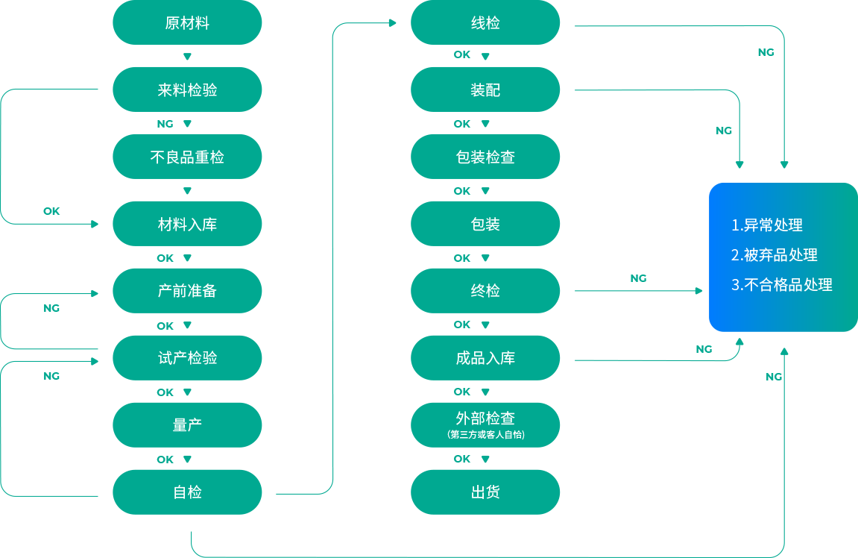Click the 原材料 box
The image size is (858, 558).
pos(187,23)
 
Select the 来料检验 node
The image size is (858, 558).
pos(187,90)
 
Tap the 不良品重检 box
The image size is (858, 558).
pos(187,157)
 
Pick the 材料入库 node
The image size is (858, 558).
pos(187,225)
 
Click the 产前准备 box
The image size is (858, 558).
pos(187,291)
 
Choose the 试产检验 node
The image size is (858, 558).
pos(187,358)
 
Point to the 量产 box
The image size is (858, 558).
pos(187,425)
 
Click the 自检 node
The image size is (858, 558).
pos(187,492)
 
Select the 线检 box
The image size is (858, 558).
pos(485,23)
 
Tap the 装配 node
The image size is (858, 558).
pos(485,90)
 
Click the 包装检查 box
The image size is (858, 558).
pos(485,157)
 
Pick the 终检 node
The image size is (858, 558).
pos(485,291)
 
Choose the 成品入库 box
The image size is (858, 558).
pos(485,358)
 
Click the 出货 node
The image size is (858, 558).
pos(485,492)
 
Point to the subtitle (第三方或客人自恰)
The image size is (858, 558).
pos(485,435)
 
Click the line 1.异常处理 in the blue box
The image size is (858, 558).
pos(766,225)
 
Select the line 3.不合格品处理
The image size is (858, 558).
pos(781,285)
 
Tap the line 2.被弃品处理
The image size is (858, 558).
pos(774,255)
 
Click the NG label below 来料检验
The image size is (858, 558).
pos(165,124)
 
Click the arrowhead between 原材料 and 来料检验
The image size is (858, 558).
pos(187,57)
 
